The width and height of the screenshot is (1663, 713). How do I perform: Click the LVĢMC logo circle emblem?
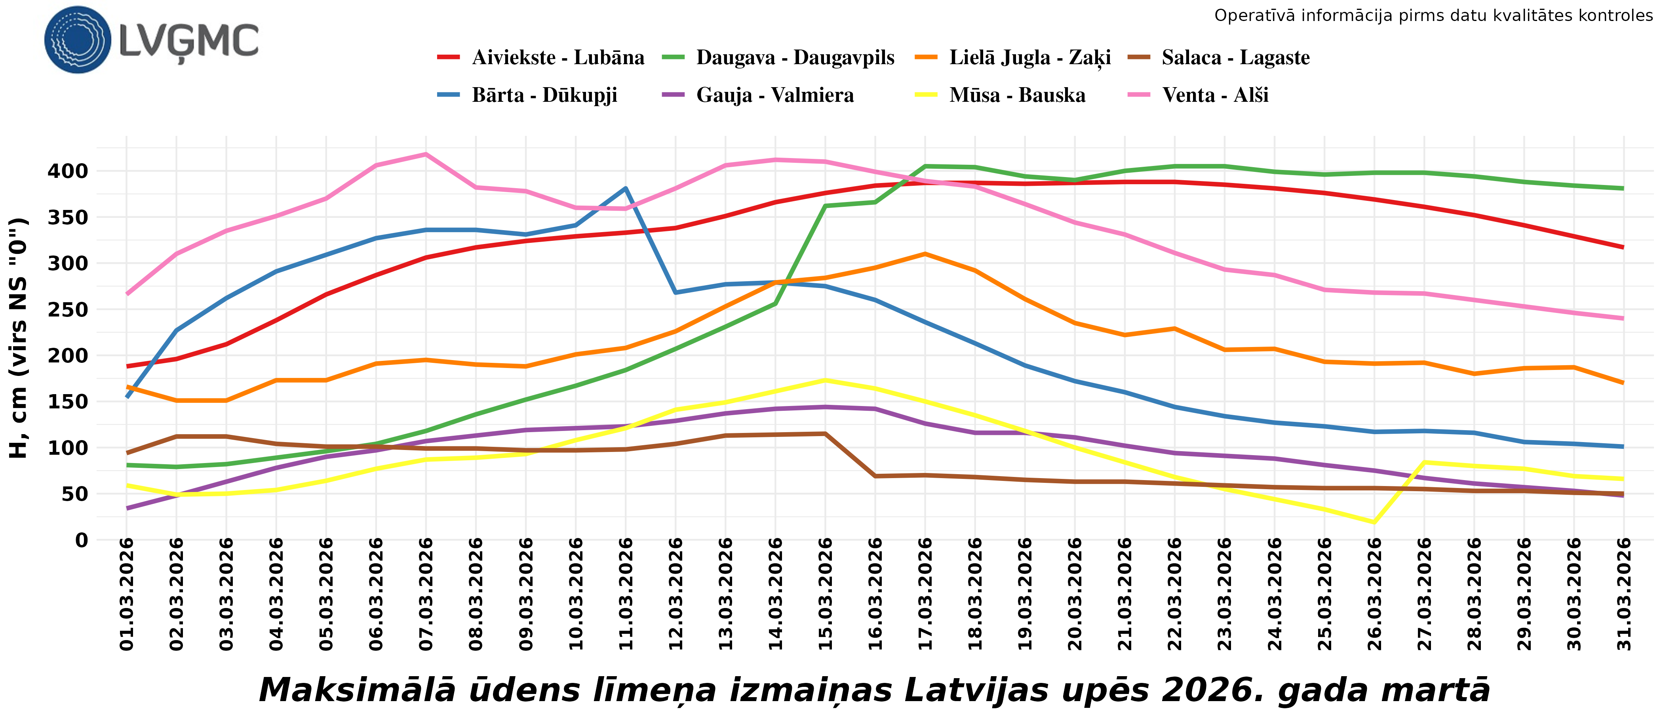pyautogui.click(x=78, y=40)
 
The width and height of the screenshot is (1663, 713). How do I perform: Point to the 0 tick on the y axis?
pyautogui.click(x=81, y=540)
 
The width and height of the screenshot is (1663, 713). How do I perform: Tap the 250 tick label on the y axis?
pyautogui.click(x=68, y=309)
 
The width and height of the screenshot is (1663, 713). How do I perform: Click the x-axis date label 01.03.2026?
pyautogui.click(x=127, y=594)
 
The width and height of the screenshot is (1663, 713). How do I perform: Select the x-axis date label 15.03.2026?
pyautogui.click(x=826, y=594)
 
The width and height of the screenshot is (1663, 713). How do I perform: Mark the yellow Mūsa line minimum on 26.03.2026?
pyautogui.click(x=1374, y=522)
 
